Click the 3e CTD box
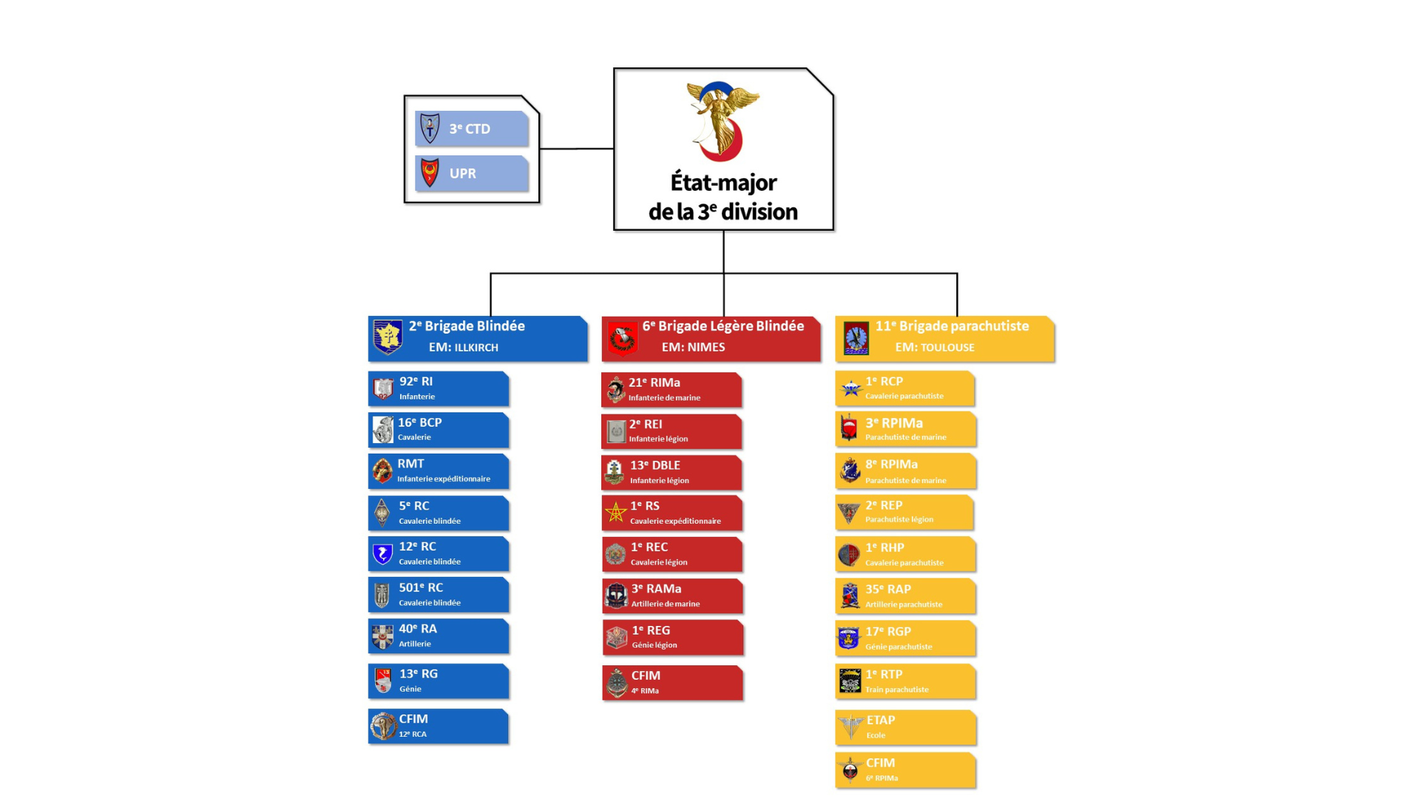472,128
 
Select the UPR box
472,173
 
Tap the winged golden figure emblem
723,121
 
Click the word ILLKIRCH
476,348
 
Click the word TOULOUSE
947,348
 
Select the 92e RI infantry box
439,388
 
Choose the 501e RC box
439,595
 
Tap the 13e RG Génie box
439,681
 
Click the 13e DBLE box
672,473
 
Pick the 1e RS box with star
672,513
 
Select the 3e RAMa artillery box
672,596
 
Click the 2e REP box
905,513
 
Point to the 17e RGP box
905,638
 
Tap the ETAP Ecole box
906,728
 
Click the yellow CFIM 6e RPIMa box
906,770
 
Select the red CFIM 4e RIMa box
672,683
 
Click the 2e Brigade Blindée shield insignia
388,337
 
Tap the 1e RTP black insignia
850,681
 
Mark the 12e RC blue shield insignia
382,554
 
